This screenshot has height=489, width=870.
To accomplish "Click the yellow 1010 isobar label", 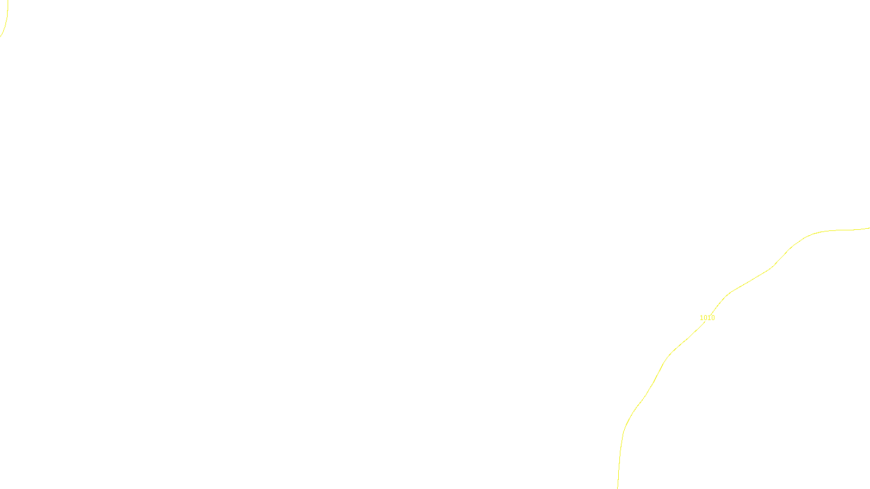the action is [x=707, y=318].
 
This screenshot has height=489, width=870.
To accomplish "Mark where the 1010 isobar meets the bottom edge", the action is [x=618, y=487].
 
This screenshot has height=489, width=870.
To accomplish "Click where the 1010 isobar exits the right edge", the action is [x=868, y=228].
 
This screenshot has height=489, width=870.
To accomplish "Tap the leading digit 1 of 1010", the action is [x=701, y=318].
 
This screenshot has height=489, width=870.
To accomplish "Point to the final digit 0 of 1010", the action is [x=713, y=318].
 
